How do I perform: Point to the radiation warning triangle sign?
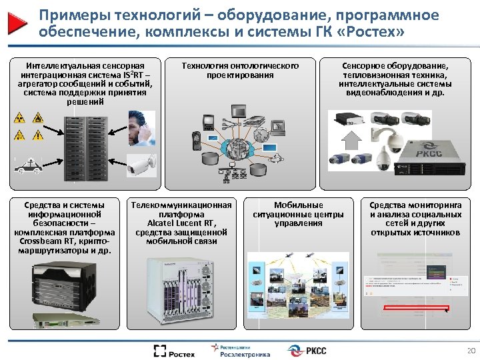20,119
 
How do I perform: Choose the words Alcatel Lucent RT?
181,223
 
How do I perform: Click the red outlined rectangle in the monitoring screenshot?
407,306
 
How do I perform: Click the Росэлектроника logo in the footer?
241,351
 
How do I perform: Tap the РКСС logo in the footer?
307,351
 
